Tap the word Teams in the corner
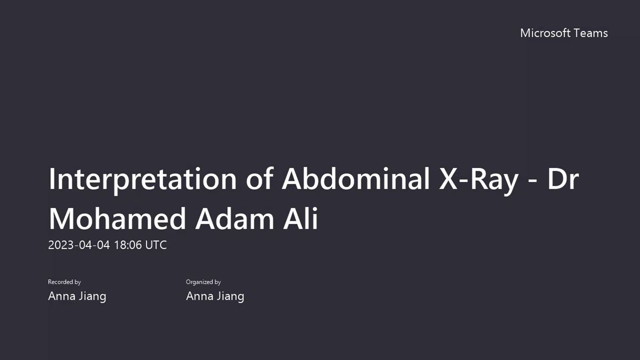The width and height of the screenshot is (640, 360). pos(590,33)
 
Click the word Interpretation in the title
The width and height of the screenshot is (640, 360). pos(142,179)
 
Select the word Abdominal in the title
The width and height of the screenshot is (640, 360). pos(356,179)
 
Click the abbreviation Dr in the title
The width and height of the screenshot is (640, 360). pos(563,179)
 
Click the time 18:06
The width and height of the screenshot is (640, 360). pos(127,245)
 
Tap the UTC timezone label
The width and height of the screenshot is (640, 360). pos(156,245)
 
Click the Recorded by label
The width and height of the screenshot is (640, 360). pos(65,282)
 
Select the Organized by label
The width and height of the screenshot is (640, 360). pos(203,282)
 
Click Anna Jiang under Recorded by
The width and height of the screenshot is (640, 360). pos(77,296)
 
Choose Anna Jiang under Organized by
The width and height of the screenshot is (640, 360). pos(215,296)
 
